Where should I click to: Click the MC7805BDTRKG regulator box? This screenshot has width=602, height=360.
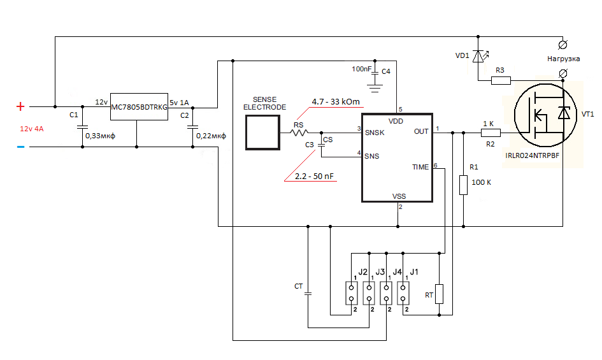point(139,106)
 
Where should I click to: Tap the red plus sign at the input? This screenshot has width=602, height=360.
point(20,106)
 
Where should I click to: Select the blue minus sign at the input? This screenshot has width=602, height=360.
point(21,147)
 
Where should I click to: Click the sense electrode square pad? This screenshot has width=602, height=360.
point(262,133)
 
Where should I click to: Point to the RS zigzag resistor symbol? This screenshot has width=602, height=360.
point(299,133)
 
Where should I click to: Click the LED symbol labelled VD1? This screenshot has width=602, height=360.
point(478,57)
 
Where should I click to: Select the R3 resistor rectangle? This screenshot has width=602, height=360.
point(501,80)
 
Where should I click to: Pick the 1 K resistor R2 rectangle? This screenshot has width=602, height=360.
point(491,133)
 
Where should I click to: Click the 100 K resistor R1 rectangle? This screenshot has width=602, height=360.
point(463,185)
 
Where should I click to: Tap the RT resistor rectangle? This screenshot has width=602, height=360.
point(439,294)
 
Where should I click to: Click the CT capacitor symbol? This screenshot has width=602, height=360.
point(308,294)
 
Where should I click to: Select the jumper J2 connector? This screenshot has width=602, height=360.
point(351,293)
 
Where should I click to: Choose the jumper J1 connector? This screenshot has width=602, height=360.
point(403,293)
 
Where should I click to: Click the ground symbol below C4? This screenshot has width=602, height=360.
point(375,89)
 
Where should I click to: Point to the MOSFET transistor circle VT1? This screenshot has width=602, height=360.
point(545,115)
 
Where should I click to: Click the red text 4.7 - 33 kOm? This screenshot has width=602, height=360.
point(336,102)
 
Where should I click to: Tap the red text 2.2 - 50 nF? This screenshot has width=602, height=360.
point(314,176)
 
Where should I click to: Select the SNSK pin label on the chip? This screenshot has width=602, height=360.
point(375,133)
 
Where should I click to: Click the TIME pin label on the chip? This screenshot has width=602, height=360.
point(420,167)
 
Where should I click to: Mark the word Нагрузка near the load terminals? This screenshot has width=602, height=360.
point(564,59)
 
